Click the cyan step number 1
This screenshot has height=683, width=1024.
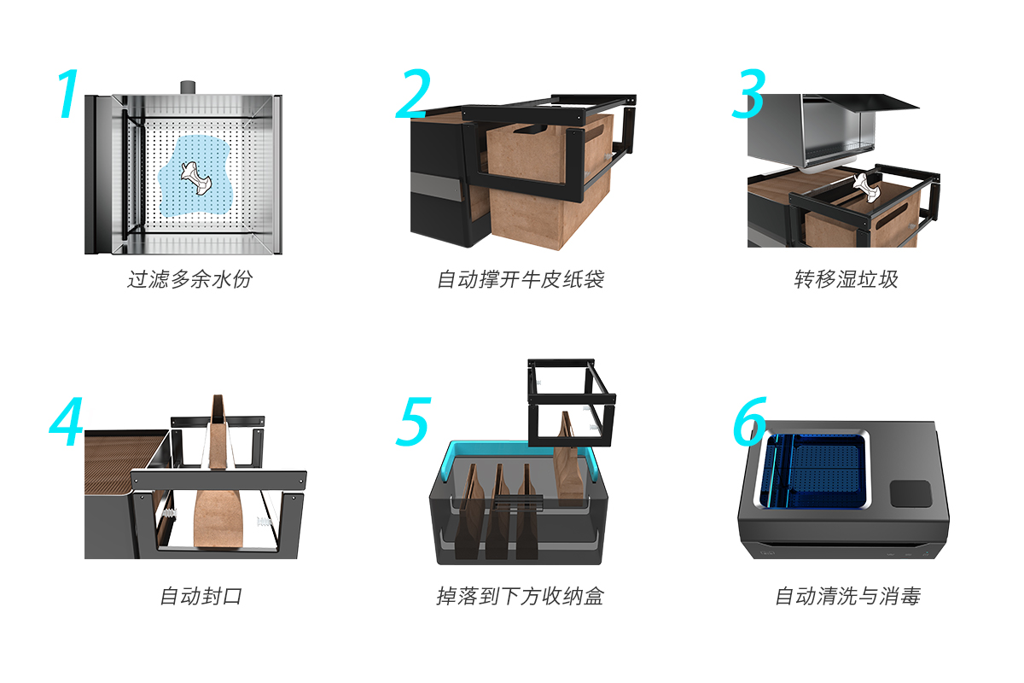point(68,94)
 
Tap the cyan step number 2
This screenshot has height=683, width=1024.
point(413,93)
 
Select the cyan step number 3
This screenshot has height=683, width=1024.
point(749,93)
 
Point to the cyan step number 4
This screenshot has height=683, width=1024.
point(66,422)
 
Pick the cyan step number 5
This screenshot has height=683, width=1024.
point(414,422)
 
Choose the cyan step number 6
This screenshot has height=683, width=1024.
point(750,422)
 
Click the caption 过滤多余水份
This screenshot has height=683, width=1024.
point(189,279)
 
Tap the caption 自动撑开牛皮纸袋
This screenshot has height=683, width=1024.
point(521,279)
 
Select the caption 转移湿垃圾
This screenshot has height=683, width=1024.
point(847,279)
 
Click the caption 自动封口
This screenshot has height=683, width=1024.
point(201,596)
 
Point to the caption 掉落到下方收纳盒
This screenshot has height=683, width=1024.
point(521,596)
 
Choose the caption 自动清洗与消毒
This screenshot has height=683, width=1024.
point(848,596)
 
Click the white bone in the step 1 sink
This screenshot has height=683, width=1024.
point(195,178)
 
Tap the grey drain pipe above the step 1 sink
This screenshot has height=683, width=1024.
point(188,88)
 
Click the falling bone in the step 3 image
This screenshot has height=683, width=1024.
point(865,187)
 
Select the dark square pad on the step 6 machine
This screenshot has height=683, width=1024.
point(911,493)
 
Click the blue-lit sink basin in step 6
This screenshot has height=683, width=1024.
point(812,470)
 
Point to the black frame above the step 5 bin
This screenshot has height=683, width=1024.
point(572,403)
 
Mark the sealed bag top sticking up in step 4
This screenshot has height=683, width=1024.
point(218,430)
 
